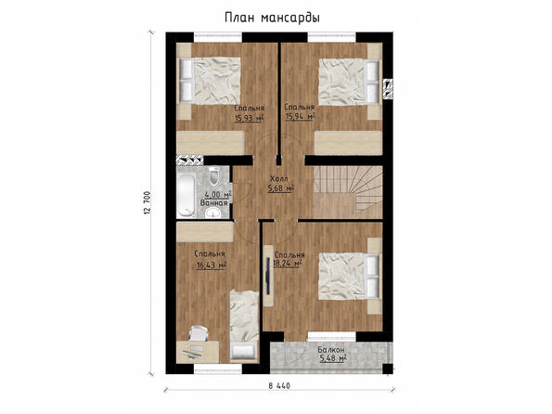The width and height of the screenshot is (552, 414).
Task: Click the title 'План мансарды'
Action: click(x=272, y=18)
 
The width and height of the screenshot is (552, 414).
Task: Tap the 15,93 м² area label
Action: click(x=250, y=118)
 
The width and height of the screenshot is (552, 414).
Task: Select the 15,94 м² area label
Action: click(x=300, y=116)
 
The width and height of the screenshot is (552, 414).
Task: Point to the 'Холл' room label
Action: click(x=278, y=178)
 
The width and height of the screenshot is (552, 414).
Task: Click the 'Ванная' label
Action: click(x=213, y=203)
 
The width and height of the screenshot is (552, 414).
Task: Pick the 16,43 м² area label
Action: click(x=211, y=265)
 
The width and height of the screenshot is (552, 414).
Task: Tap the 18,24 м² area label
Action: click(x=289, y=264)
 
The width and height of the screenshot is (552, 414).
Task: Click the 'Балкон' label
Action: click(x=331, y=350)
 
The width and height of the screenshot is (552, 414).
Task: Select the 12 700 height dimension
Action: click(x=148, y=202)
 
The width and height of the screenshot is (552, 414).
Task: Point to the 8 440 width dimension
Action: click(x=279, y=386)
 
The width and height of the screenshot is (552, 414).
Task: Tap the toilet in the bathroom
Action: click(x=213, y=176)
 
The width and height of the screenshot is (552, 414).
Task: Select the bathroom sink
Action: click(x=212, y=213)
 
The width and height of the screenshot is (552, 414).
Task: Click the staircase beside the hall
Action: click(x=348, y=192)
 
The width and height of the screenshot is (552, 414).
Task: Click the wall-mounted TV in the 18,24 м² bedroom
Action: click(x=268, y=276)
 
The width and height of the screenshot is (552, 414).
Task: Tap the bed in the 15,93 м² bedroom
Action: click(x=211, y=81)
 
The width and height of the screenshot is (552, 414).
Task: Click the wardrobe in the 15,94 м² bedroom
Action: click(x=348, y=143)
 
